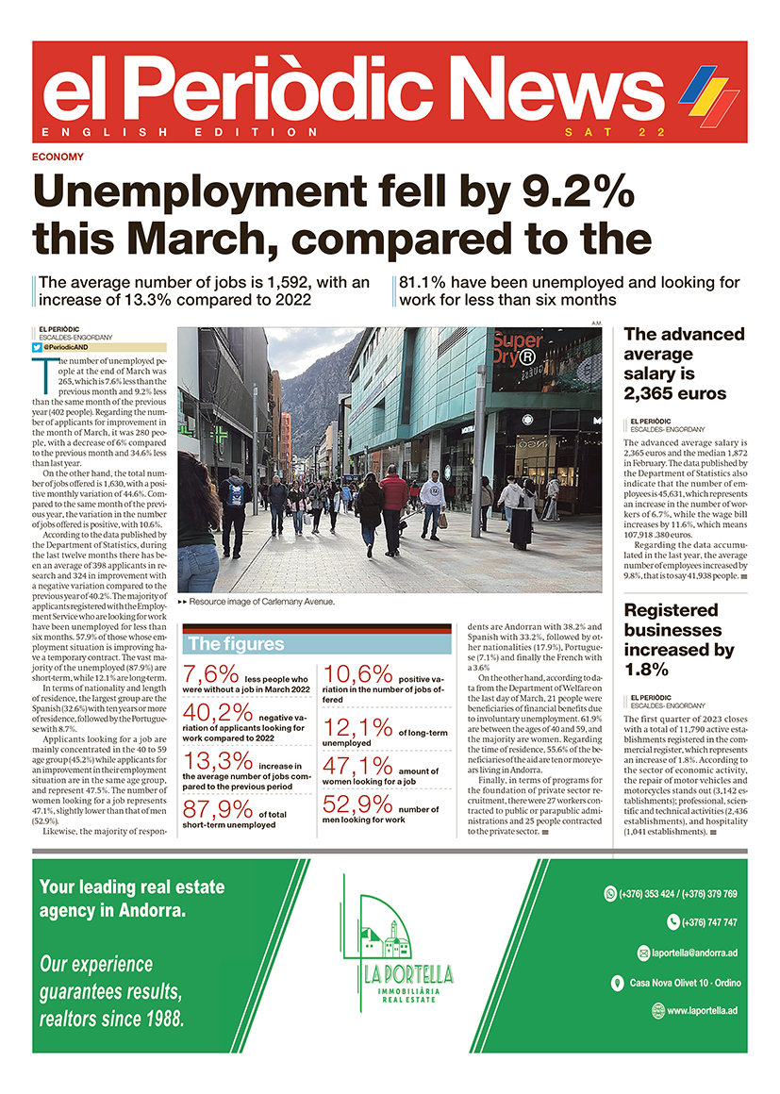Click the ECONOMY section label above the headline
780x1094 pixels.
58,157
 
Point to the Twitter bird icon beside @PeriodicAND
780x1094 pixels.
38,348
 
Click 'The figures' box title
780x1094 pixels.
236,645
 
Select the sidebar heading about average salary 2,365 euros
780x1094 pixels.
684,363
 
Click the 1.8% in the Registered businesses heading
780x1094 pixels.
646,670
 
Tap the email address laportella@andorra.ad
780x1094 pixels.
693,953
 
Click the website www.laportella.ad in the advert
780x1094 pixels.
702,1011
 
